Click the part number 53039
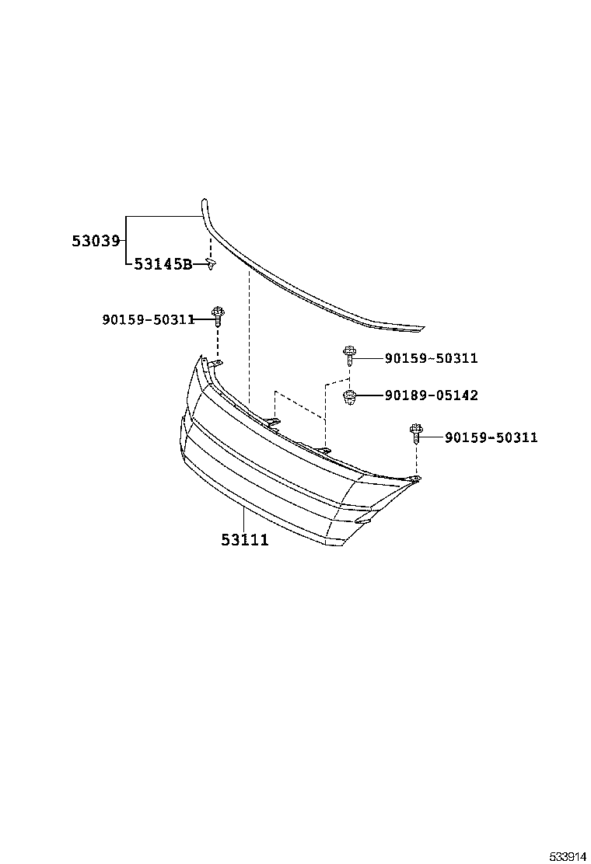(x=96, y=241)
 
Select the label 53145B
(x=163, y=264)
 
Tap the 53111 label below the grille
(x=245, y=539)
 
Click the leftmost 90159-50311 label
(x=148, y=319)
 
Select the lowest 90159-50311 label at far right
(x=491, y=437)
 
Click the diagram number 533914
(x=568, y=851)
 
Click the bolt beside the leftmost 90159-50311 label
(x=218, y=315)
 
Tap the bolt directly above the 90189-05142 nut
(x=349, y=357)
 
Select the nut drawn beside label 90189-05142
(x=350, y=398)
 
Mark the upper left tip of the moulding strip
(x=205, y=201)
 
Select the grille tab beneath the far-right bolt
(x=415, y=480)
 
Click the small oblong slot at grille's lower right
(x=362, y=521)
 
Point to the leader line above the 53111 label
(x=245, y=517)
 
